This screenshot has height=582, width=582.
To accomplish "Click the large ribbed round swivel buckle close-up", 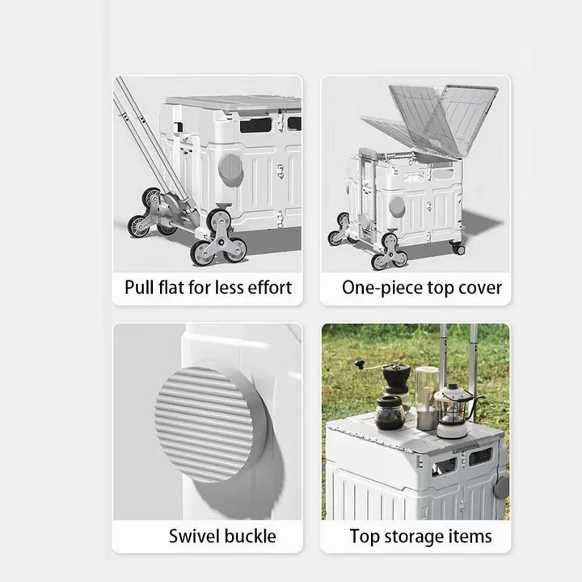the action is tap(209, 423).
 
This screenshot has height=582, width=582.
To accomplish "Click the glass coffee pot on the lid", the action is tap(390, 412).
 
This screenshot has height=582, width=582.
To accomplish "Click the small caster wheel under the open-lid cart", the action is tap(459, 248).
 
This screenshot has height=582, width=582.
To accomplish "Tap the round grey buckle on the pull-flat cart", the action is tap(230, 170).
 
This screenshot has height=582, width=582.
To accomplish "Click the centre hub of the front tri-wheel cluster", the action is tap(221, 242).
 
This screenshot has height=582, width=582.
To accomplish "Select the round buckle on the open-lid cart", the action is tap(397, 207).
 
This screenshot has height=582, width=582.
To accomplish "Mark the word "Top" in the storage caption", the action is tap(365, 537).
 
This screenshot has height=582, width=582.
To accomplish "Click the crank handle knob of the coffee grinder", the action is tap(357, 363).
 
